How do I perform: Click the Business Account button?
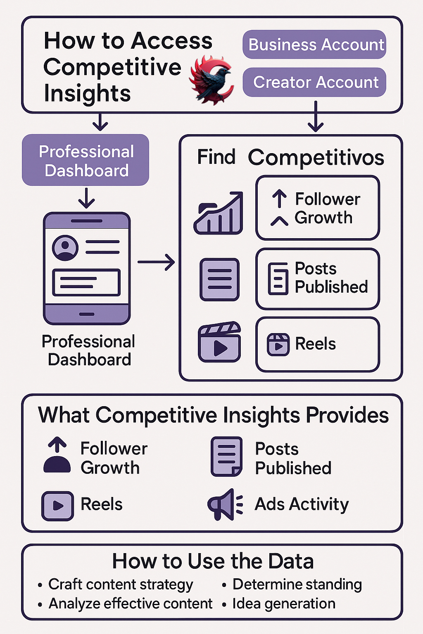pos(314,45)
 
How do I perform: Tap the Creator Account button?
pos(314,82)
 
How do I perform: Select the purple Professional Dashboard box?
pos(86,160)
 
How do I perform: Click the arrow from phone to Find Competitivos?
pos(156,262)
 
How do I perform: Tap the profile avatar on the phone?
pos(65,248)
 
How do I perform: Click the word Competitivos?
pos(316,157)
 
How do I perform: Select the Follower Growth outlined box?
pos(317,208)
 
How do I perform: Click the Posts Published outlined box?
pos(317,279)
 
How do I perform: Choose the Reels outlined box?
pos(317,344)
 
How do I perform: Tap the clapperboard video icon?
pos(219,342)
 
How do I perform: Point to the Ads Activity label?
pos(302,504)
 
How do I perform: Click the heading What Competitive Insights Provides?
pos(213,415)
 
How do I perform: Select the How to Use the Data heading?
pos(213,561)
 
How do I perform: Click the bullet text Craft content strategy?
pos(120,584)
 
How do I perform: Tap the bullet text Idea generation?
pos(284,603)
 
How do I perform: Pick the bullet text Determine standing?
pos(297,584)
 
